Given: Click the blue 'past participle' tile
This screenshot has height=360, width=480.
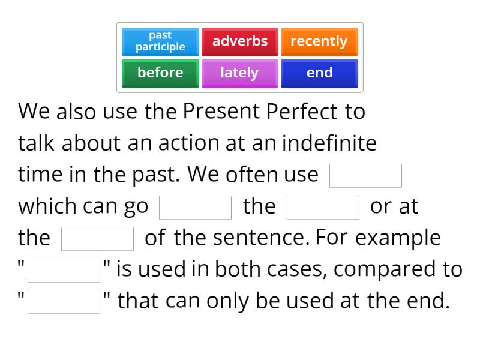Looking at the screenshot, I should point(160,41).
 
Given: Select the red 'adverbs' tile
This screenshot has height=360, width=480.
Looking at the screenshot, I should point(240,41).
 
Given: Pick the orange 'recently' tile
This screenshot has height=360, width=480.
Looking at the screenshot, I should point(319,41).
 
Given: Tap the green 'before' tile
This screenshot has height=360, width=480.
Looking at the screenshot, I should point(160,73).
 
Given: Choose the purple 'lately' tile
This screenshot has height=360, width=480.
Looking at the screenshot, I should point(240,73).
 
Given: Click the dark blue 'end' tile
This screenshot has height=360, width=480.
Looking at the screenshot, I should point(319,73).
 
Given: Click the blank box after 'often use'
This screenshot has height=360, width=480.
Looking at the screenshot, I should point(365,176).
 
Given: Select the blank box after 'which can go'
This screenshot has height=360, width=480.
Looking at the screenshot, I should point(195,208).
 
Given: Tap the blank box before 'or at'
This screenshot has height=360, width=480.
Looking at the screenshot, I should point(323,208).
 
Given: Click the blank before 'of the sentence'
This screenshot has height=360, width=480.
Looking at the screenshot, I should point(97,239).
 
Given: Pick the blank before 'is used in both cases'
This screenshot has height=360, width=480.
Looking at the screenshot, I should point(64,270).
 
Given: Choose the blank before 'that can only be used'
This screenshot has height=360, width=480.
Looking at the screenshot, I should point(64,302).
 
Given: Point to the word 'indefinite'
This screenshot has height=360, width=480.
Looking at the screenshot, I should point(329,143).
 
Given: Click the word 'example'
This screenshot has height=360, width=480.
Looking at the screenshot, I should point(398,238).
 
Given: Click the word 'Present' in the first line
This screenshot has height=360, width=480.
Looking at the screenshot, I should point(220,112).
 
